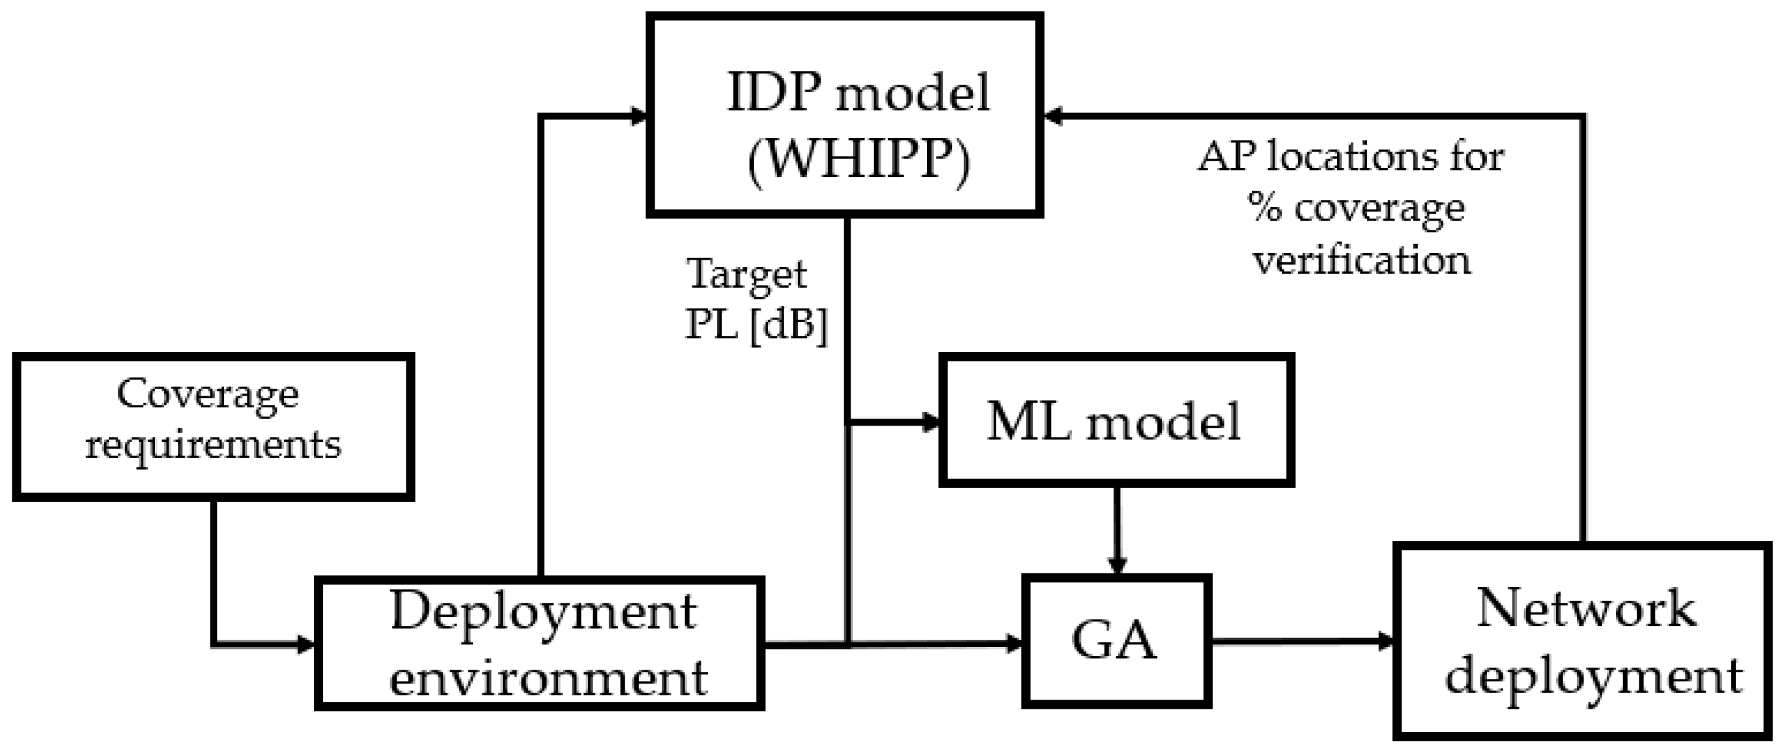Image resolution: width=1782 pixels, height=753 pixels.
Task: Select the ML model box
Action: pos(1116,420)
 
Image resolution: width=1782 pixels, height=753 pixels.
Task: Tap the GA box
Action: pos(1116,641)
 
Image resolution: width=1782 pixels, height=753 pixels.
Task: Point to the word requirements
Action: pos(213,445)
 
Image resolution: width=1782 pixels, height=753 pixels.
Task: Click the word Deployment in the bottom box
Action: pos(543,612)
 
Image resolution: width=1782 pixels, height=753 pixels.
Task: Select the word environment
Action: pos(548,678)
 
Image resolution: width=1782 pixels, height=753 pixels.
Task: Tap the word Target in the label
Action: pos(746,275)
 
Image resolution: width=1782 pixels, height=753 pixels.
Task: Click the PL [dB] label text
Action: pos(756,324)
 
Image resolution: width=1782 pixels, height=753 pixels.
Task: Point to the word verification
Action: pos(1362,262)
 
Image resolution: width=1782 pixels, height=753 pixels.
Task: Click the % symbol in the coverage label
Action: pos(1266,208)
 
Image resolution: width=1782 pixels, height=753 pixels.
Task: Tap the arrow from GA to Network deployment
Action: pos(1301,642)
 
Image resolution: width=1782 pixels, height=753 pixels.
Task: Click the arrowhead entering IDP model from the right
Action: pos(1054,116)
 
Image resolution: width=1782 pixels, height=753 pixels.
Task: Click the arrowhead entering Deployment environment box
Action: pos(305,645)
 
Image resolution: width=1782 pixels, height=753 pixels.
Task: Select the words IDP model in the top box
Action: pos(858,94)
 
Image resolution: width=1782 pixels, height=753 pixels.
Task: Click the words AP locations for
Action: pos(1350,158)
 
